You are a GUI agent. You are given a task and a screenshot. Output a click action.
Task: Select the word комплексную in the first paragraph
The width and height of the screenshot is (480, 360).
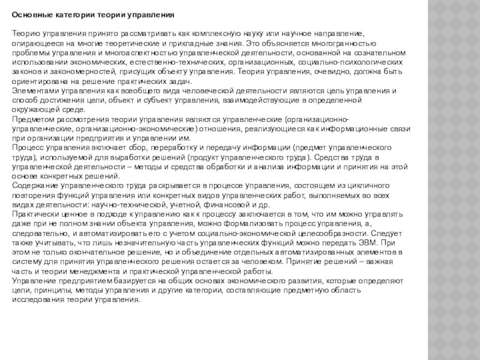coord(215,34)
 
